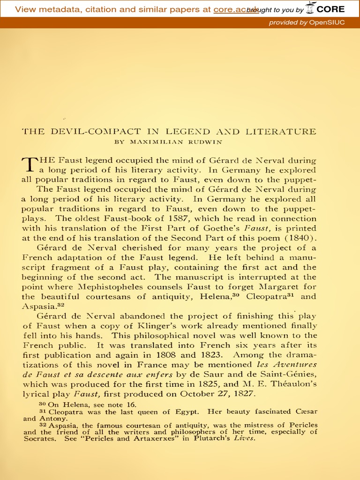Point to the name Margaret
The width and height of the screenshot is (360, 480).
(x=282, y=287)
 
